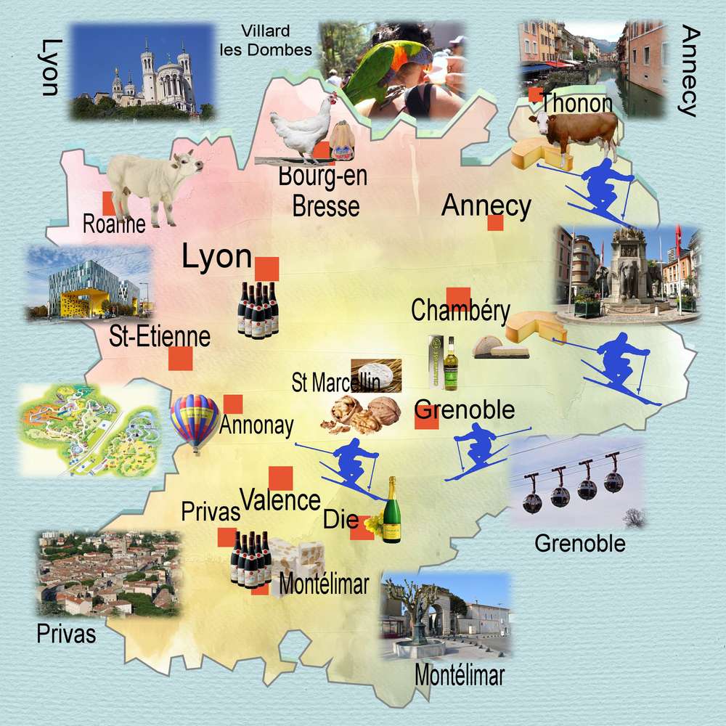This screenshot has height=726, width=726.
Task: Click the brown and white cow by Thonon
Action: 576,131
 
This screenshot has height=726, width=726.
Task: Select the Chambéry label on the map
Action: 460,311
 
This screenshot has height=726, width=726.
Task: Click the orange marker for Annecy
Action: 495,223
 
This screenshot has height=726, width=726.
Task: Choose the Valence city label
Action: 280,500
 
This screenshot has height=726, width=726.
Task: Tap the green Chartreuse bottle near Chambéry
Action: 451,362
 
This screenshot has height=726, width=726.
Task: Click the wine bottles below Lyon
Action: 258,309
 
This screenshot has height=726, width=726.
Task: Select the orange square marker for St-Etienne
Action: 180,359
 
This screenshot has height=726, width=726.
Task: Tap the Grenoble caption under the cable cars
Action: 579,543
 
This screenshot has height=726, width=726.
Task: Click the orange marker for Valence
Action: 280,478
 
